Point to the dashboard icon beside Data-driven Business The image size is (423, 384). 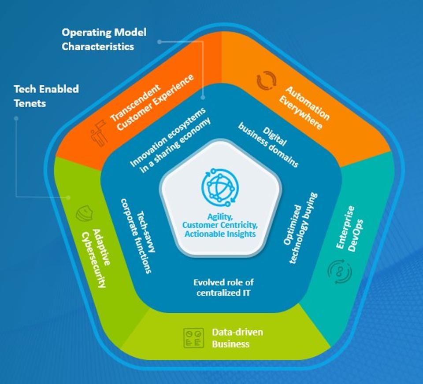pyautogui.click(x=193, y=337)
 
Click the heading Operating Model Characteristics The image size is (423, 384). pyautogui.click(x=104, y=39)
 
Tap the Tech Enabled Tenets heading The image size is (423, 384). pyautogui.click(x=46, y=96)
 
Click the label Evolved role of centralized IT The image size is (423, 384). pyautogui.click(x=223, y=287)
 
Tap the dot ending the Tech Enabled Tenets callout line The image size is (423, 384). pyautogui.click(x=69, y=197)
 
